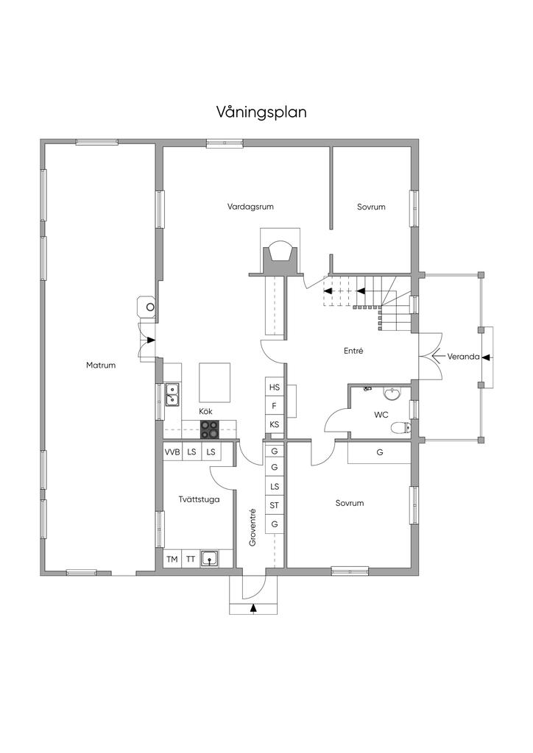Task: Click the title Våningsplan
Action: coord(261,113)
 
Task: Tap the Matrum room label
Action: coord(101,365)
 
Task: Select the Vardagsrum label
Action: coord(250,207)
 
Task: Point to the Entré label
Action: coord(353,351)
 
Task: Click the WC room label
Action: coord(381,415)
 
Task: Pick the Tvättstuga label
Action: coord(197,499)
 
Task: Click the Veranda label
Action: coord(464,357)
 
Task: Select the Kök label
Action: coord(205,411)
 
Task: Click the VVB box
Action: coord(172,452)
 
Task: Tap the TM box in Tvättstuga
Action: coord(172,560)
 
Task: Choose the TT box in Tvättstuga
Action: coord(191,560)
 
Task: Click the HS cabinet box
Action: coord(275,387)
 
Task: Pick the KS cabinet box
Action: coord(275,425)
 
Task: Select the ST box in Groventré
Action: coord(275,505)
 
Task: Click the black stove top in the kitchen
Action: coord(210,429)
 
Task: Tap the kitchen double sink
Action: coord(172,396)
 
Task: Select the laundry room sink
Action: coord(211,559)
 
